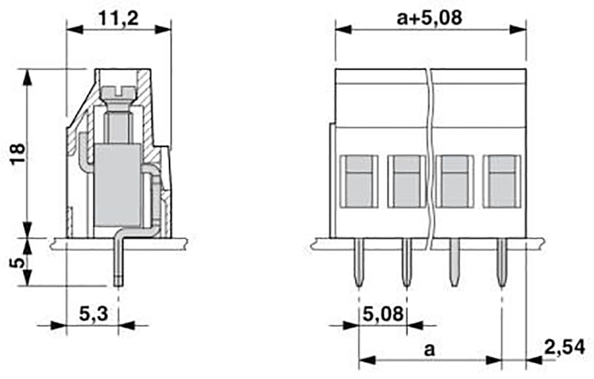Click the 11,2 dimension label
118,19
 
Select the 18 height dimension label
18,154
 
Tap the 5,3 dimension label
94,314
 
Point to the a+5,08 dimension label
429,18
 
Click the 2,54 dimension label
564,347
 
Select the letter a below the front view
429,350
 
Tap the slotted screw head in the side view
118,92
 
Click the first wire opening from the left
359,181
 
